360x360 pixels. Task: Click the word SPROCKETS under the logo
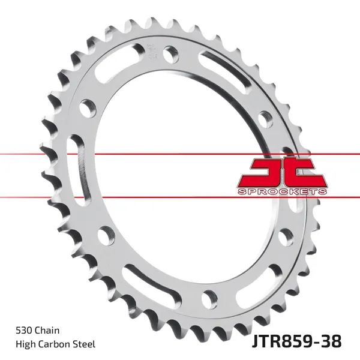(x=283, y=191)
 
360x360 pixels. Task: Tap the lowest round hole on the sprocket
(x=209, y=296)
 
